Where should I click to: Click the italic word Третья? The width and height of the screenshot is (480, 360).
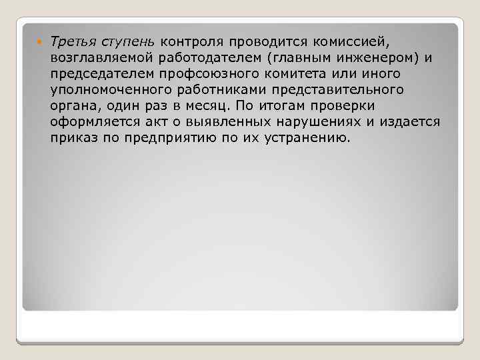[72, 42]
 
